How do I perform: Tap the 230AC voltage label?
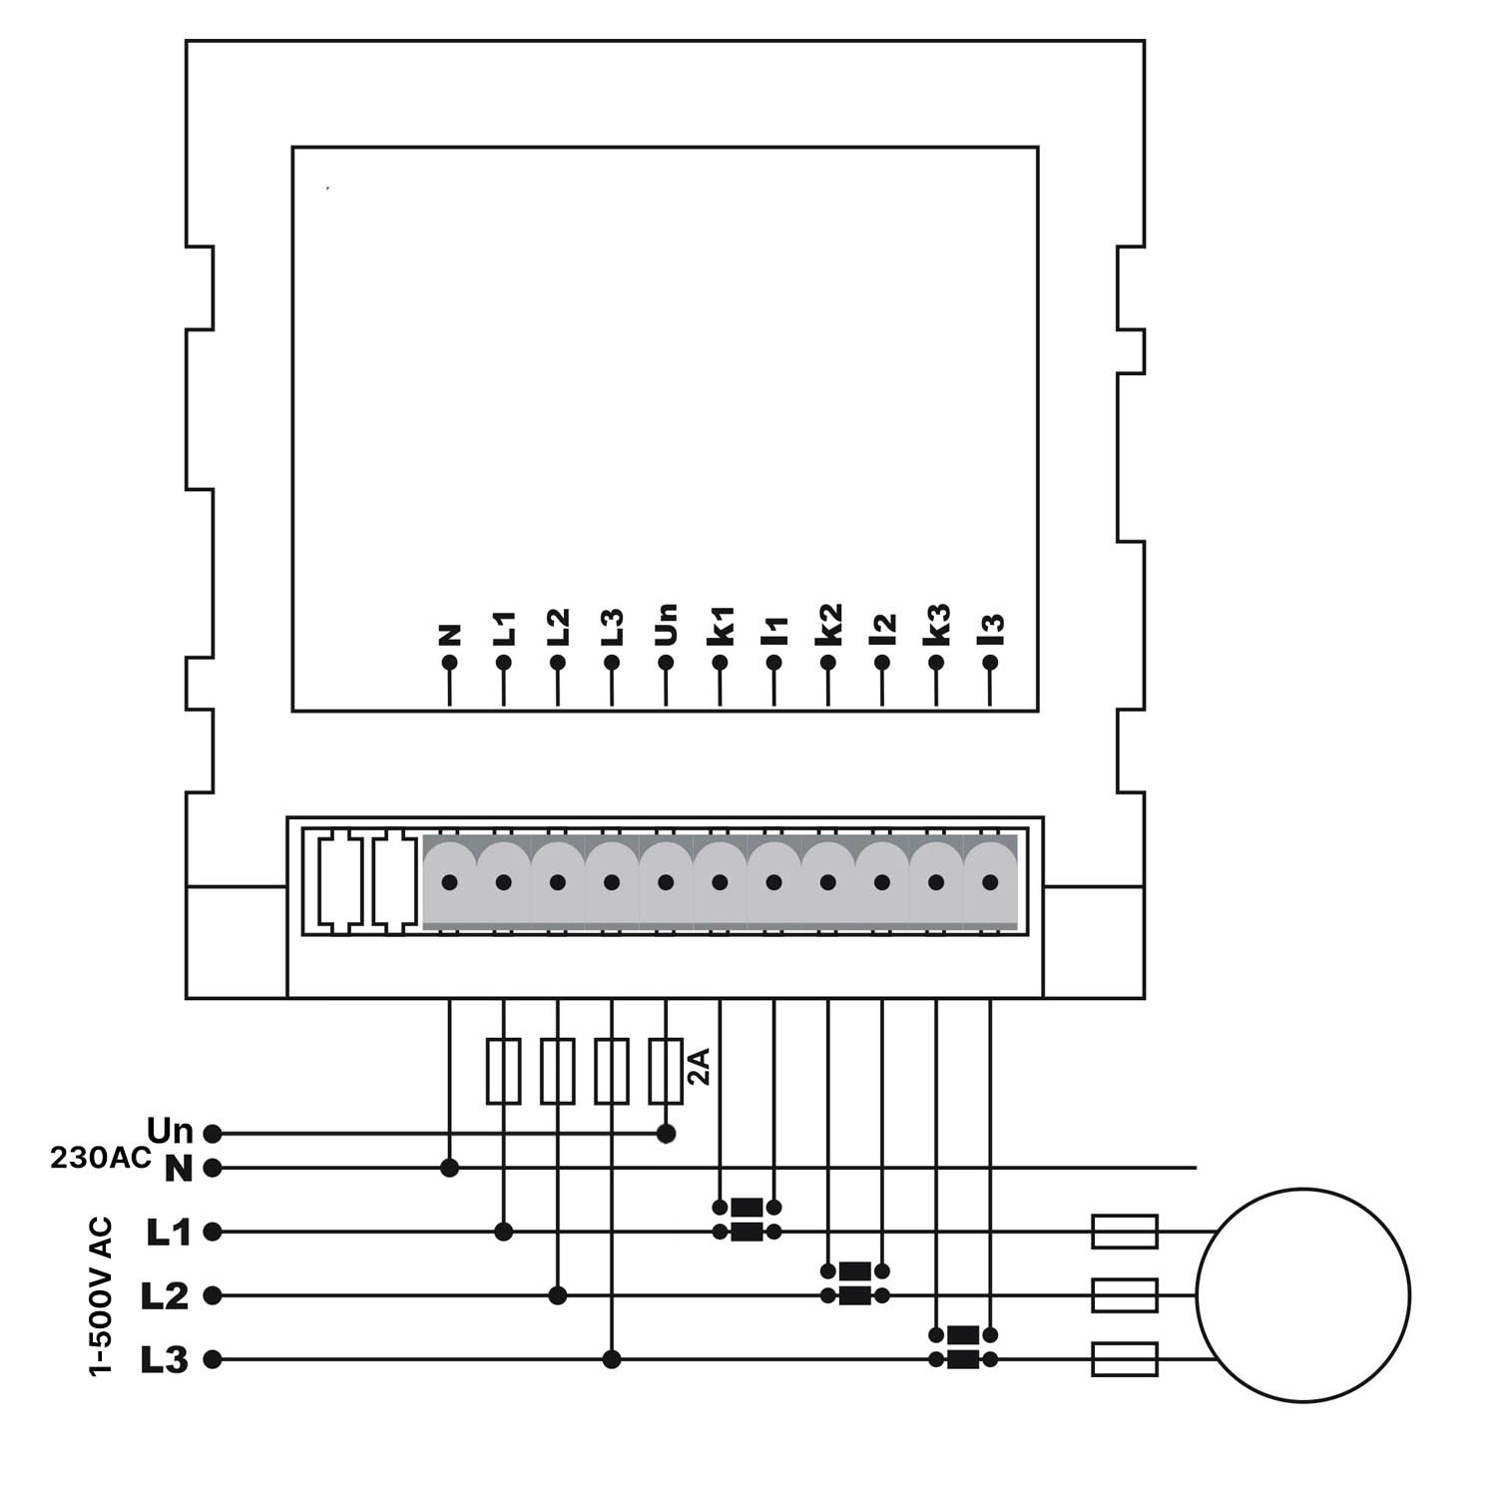101,1159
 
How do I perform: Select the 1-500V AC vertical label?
102,1296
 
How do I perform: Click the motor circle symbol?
1302,1295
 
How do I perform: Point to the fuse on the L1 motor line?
1125,1232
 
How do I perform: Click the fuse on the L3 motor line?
1125,1359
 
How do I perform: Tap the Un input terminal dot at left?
212,1134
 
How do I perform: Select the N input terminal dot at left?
212,1167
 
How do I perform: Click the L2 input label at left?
165,1295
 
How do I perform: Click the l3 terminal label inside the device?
991,629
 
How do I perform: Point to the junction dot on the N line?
449,1167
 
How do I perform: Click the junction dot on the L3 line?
612,1359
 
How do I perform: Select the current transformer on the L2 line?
854,1283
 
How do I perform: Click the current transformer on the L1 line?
747,1220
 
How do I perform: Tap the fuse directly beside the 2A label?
666,1071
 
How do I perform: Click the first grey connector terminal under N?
449,882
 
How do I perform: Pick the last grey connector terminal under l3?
990,882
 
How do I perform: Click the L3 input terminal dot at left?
212,1359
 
